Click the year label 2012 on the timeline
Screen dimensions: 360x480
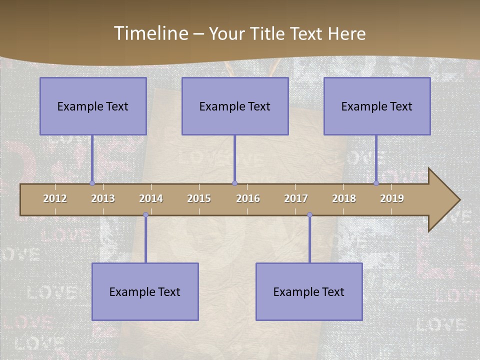click(55, 198)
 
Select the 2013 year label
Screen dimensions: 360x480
click(103, 198)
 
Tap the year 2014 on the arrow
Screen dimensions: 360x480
click(151, 198)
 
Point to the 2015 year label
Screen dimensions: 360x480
click(199, 198)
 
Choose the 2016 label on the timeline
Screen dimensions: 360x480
click(248, 198)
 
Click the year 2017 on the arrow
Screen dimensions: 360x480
click(296, 198)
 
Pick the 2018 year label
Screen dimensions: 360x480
click(344, 198)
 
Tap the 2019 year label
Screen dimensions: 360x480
click(392, 198)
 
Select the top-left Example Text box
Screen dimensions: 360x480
click(93, 106)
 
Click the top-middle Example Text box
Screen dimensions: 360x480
click(235, 106)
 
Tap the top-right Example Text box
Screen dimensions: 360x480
click(377, 106)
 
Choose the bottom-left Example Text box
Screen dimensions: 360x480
click(145, 291)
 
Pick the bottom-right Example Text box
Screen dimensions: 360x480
click(309, 291)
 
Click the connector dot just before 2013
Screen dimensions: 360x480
click(92, 183)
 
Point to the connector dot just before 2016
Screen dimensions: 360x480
click(234, 183)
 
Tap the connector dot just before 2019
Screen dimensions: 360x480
click(376, 183)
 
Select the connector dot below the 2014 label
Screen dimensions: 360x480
click(145, 215)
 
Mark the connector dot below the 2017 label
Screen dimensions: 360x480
click(309, 215)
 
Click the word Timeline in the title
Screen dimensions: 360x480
click(150, 33)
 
